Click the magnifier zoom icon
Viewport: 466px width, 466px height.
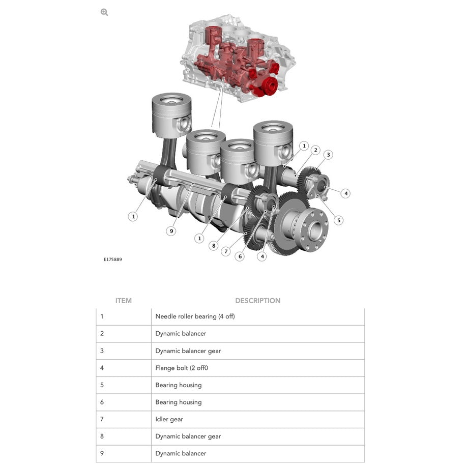pyautogui.click(x=104, y=12)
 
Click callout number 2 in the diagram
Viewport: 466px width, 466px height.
pyautogui.click(x=315, y=150)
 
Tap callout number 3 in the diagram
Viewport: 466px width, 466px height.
pyautogui.click(x=328, y=155)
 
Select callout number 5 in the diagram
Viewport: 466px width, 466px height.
pyautogui.click(x=338, y=220)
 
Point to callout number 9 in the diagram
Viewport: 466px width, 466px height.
pyautogui.click(x=171, y=231)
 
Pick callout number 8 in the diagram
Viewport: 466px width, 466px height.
pyautogui.click(x=213, y=246)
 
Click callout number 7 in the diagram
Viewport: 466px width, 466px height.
pyautogui.click(x=226, y=251)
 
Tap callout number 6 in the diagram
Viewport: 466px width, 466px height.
pyautogui.click(x=240, y=256)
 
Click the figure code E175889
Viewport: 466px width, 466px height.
pyautogui.click(x=112, y=259)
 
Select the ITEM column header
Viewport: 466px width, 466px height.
pyautogui.click(x=123, y=301)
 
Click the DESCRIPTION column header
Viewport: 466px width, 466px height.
pyautogui.click(x=257, y=301)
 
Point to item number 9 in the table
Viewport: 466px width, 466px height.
pyautogui.click(x=102, y=453)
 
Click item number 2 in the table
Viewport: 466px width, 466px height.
pyautogui.click(x=102, y=333)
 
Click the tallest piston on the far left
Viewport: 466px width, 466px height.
pyautogui.click(x=171, y=115)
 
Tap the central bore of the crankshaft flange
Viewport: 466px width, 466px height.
pyautogui.click(x=316, y=229)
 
